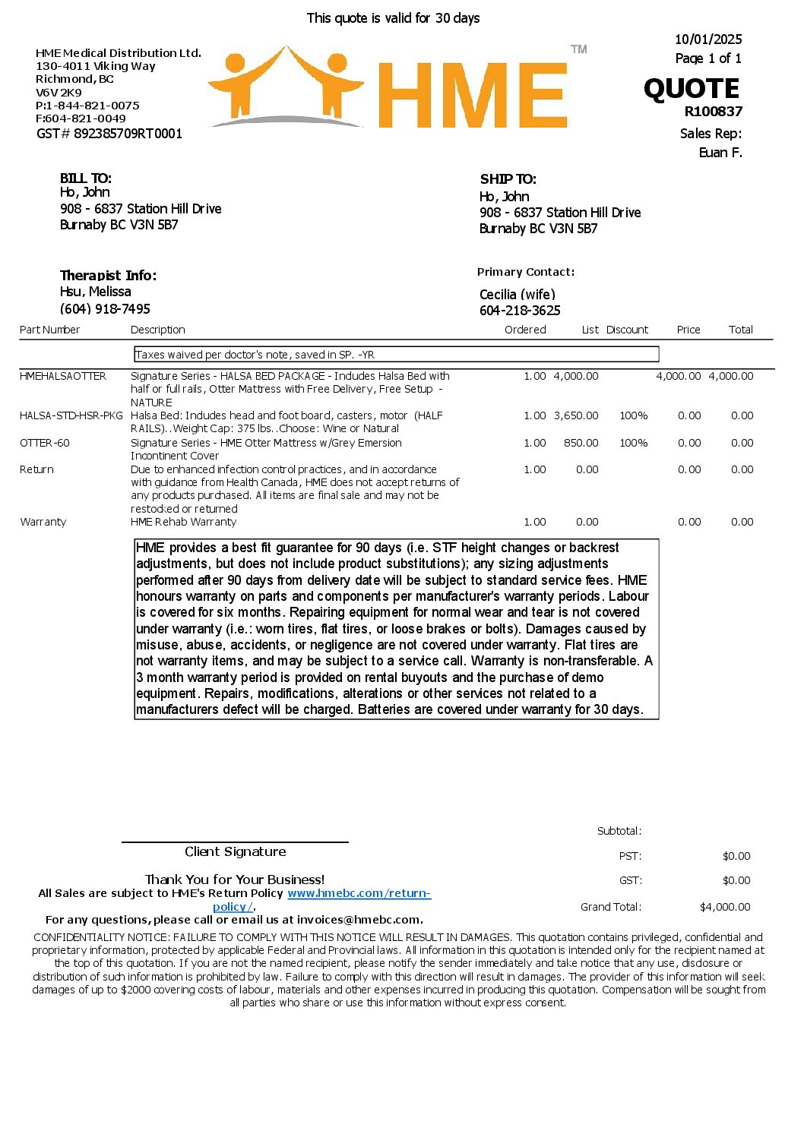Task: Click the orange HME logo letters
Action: [471, 95]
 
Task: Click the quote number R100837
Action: [713, 112]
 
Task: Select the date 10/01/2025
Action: [708, 39]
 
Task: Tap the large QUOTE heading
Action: [691, 89]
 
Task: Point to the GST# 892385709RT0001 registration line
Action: [109, 134]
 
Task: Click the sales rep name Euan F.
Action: [720, 153]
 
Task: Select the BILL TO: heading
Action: [86, 178]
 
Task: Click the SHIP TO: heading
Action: [508, 179]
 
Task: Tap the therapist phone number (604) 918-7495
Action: [105, 308]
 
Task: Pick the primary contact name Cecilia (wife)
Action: [518, 295]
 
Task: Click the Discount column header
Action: [627, 330]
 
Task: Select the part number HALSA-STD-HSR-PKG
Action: [71, 415]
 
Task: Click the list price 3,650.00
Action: [576, 415]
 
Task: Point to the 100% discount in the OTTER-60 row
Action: [633, 443]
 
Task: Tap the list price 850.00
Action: [581, 443]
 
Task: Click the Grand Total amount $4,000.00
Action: [724, 907]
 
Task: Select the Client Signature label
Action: [235, 851]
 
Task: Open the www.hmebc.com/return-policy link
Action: [359, 894]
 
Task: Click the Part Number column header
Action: [49, 330]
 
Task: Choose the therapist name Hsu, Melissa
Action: [95, 292]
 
